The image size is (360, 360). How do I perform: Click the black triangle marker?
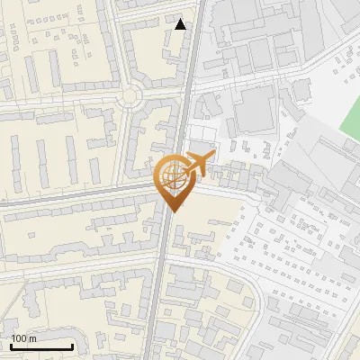click(x=181, y=24)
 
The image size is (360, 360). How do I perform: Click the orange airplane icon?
click(x=199, y=163)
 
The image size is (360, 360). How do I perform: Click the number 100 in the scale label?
click(x=19, y=337)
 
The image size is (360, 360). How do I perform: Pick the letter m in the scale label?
click(x=32, y=337)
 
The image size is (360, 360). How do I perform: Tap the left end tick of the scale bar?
click(x=11, y=346)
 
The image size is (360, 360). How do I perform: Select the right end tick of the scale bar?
click(x=72, y=346)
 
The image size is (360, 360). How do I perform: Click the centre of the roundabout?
click(x=131, y=95)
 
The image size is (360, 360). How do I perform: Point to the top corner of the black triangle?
click(x=181, y=19)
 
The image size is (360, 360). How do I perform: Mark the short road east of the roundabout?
click(x=162, y=94)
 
